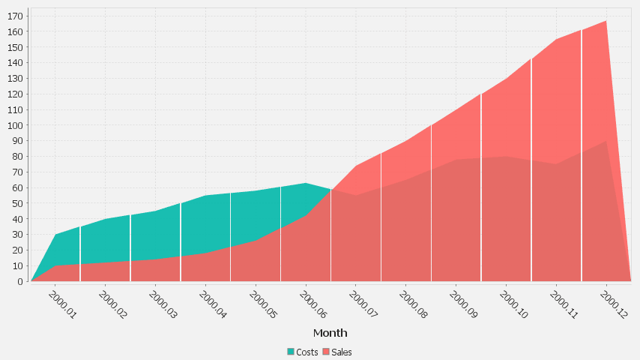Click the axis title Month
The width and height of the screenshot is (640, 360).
tap(330, 333)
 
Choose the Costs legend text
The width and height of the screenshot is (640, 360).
tap(307, 352)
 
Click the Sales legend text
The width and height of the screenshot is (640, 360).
tap(342, 352)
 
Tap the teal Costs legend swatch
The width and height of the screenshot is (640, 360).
tap(291, 352)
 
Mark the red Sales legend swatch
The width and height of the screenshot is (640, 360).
tap(326, 352)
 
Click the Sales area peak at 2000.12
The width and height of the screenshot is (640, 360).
tap(606, 21)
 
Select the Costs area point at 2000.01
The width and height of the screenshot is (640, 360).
tap(55, 235)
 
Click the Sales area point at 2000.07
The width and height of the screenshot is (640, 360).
tap(355, 166)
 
